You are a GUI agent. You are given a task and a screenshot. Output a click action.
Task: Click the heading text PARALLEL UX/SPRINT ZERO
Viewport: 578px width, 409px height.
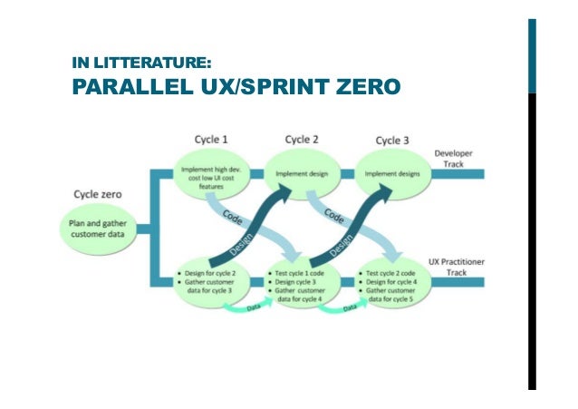click(x=235, y=89)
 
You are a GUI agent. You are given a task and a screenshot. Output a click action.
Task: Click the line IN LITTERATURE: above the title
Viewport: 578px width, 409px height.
click(x=142, y=63)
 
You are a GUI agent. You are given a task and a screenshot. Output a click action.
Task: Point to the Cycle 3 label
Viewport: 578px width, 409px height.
click(x=392, y=141)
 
